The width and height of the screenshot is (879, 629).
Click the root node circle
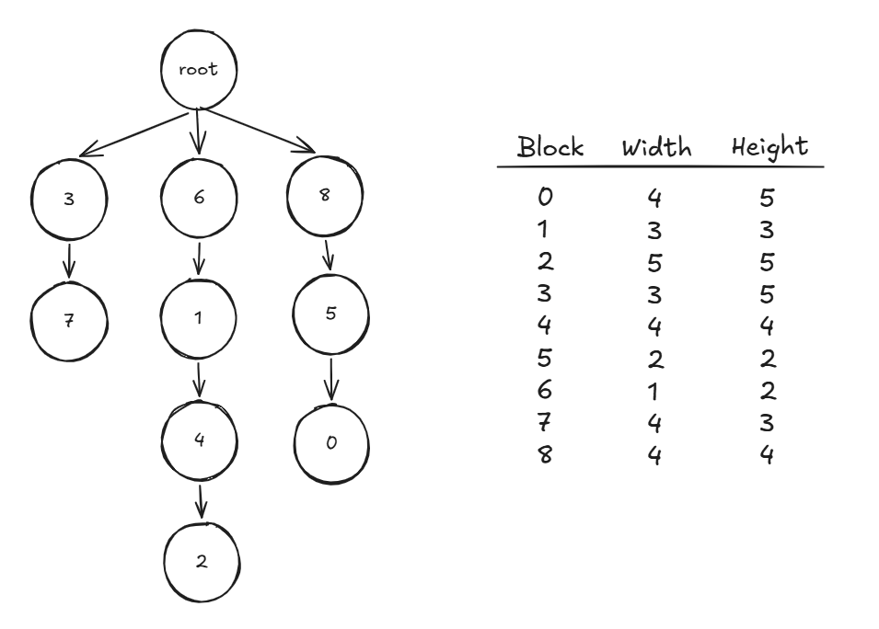tap(199, 71)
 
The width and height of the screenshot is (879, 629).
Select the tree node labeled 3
tap(70, 200)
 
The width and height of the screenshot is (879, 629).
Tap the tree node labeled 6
tap(199, 200)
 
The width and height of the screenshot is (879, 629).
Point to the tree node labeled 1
tap(200, 318)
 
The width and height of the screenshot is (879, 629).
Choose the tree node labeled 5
tap(330, 314)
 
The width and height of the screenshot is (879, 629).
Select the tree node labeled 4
tap(200, 440)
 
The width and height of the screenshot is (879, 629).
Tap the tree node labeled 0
tap(331, 442)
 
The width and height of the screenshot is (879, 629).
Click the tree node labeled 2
tap(202, 562)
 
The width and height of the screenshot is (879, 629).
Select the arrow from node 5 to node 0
tap(332, 378)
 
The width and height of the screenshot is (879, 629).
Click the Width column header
tap(656, 147)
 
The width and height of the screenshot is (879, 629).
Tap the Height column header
tap(769, 147)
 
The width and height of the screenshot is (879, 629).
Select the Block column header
tap(550, 147)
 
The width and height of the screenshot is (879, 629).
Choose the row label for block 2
tap(546, 262)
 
